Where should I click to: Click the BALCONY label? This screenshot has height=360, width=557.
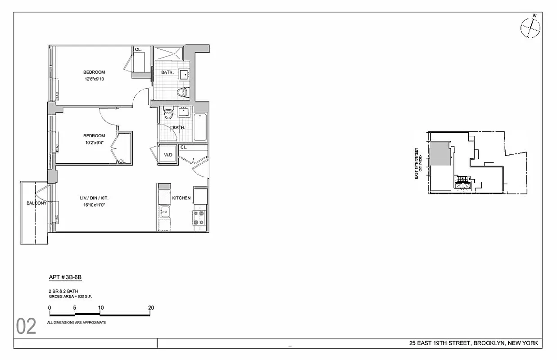36,203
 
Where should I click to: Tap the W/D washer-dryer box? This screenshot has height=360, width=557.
168,155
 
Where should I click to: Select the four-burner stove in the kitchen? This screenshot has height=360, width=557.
199,217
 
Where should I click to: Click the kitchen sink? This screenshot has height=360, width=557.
164,211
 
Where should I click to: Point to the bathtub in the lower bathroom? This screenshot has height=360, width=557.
200,127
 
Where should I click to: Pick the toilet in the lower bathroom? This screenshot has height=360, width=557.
169,113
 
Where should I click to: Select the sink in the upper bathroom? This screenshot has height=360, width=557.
184,74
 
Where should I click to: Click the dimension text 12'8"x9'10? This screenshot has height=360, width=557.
94,79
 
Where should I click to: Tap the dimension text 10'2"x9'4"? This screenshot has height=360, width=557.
94,143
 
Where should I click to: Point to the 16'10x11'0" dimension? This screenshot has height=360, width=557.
94,205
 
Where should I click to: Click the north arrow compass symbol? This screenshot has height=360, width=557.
530,28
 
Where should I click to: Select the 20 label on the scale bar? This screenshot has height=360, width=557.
151,308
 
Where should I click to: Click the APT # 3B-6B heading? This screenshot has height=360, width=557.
65,278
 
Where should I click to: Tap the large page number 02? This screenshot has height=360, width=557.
26,327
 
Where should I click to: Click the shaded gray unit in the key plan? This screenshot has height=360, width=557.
441,154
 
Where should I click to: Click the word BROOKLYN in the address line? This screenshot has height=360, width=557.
489,344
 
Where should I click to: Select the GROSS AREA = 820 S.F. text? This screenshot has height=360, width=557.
70,297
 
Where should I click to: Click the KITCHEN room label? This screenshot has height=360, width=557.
181,198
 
